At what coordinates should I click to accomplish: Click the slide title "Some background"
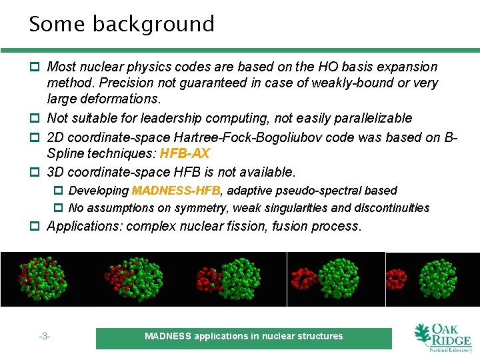(121, 24)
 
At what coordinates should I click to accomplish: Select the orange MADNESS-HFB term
(176, 191)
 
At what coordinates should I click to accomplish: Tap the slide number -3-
(45, 337)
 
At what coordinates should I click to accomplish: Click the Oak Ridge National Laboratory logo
(442, 338)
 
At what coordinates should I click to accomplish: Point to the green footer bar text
(243, 337)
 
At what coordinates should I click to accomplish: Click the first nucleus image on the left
(45, 279)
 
